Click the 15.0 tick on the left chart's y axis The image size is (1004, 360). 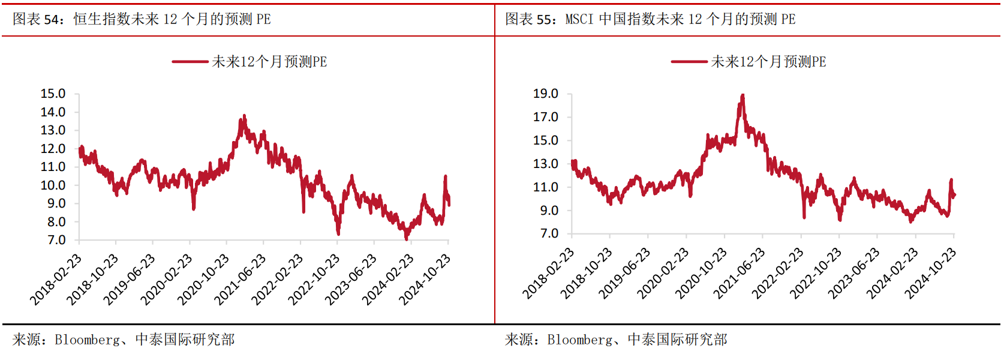coord(53,94)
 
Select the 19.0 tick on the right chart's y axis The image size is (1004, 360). coord(546,94)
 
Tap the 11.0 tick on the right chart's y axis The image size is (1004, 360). coord(546,187)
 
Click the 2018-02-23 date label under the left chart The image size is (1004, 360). coord(56,280)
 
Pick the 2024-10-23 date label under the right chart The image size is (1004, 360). coord(930,274)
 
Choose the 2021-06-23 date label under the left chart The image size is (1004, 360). coord(241,280)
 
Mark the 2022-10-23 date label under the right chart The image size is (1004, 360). coord(815,274)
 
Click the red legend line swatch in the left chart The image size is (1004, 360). coord(190,62)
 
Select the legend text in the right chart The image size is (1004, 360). coord(768,62)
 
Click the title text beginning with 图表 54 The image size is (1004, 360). coord(142,19)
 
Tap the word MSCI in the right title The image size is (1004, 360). coord(579,19)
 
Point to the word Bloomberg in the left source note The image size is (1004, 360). coord(87,340)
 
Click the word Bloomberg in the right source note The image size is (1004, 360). coord(579,340)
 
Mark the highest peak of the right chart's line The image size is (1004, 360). coord(743,95)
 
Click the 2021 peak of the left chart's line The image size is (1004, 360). coord(244,116)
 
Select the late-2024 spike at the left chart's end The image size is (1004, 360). coord(446,176)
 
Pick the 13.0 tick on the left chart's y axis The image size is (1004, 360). coord(53,130)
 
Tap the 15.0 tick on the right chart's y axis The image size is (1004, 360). coord(546,140)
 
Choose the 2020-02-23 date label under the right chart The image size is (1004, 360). coord(662,274)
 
